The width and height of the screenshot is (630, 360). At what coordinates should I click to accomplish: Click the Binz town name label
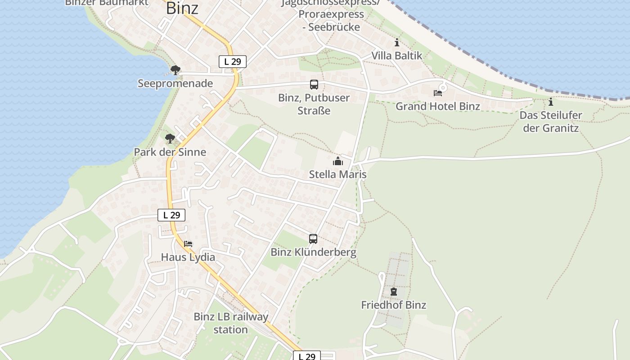coord(182,8)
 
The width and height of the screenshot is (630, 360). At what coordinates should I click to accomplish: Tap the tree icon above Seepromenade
coord(175,70)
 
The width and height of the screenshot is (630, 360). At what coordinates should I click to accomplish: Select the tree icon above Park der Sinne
coord(170,139)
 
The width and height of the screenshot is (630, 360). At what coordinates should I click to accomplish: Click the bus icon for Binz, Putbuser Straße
coord(314,85)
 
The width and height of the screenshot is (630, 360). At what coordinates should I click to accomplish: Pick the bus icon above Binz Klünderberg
coord(313,239)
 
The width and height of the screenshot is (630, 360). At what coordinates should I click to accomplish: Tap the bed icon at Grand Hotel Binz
coord(438,93)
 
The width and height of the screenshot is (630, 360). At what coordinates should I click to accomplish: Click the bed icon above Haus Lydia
coord(188,244)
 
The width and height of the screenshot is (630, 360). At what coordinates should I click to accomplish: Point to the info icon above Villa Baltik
coord(397,43)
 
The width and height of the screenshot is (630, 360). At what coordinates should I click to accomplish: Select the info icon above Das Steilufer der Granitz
coord(550,102)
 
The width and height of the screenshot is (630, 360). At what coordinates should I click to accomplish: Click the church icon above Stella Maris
coord(337,161)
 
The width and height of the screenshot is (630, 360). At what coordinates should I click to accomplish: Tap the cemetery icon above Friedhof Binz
coord(394,292)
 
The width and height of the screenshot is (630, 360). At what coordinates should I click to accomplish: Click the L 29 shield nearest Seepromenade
coord(233,62)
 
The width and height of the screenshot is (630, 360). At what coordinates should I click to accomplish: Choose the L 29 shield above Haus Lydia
coord(171,215)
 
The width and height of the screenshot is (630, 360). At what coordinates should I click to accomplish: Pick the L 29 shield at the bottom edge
coord(307,356)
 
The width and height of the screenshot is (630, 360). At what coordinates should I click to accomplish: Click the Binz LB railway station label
coord(231,323)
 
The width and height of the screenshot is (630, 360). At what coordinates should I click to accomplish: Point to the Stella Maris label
coord(337,175)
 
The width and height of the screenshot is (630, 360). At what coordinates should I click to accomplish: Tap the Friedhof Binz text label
coord(394,305)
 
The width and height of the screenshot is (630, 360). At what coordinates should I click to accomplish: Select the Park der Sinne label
coord(170,152)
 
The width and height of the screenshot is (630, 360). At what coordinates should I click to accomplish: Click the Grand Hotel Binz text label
coord(438,106)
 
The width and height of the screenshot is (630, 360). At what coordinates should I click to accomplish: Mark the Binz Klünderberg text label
coord(313,252)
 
